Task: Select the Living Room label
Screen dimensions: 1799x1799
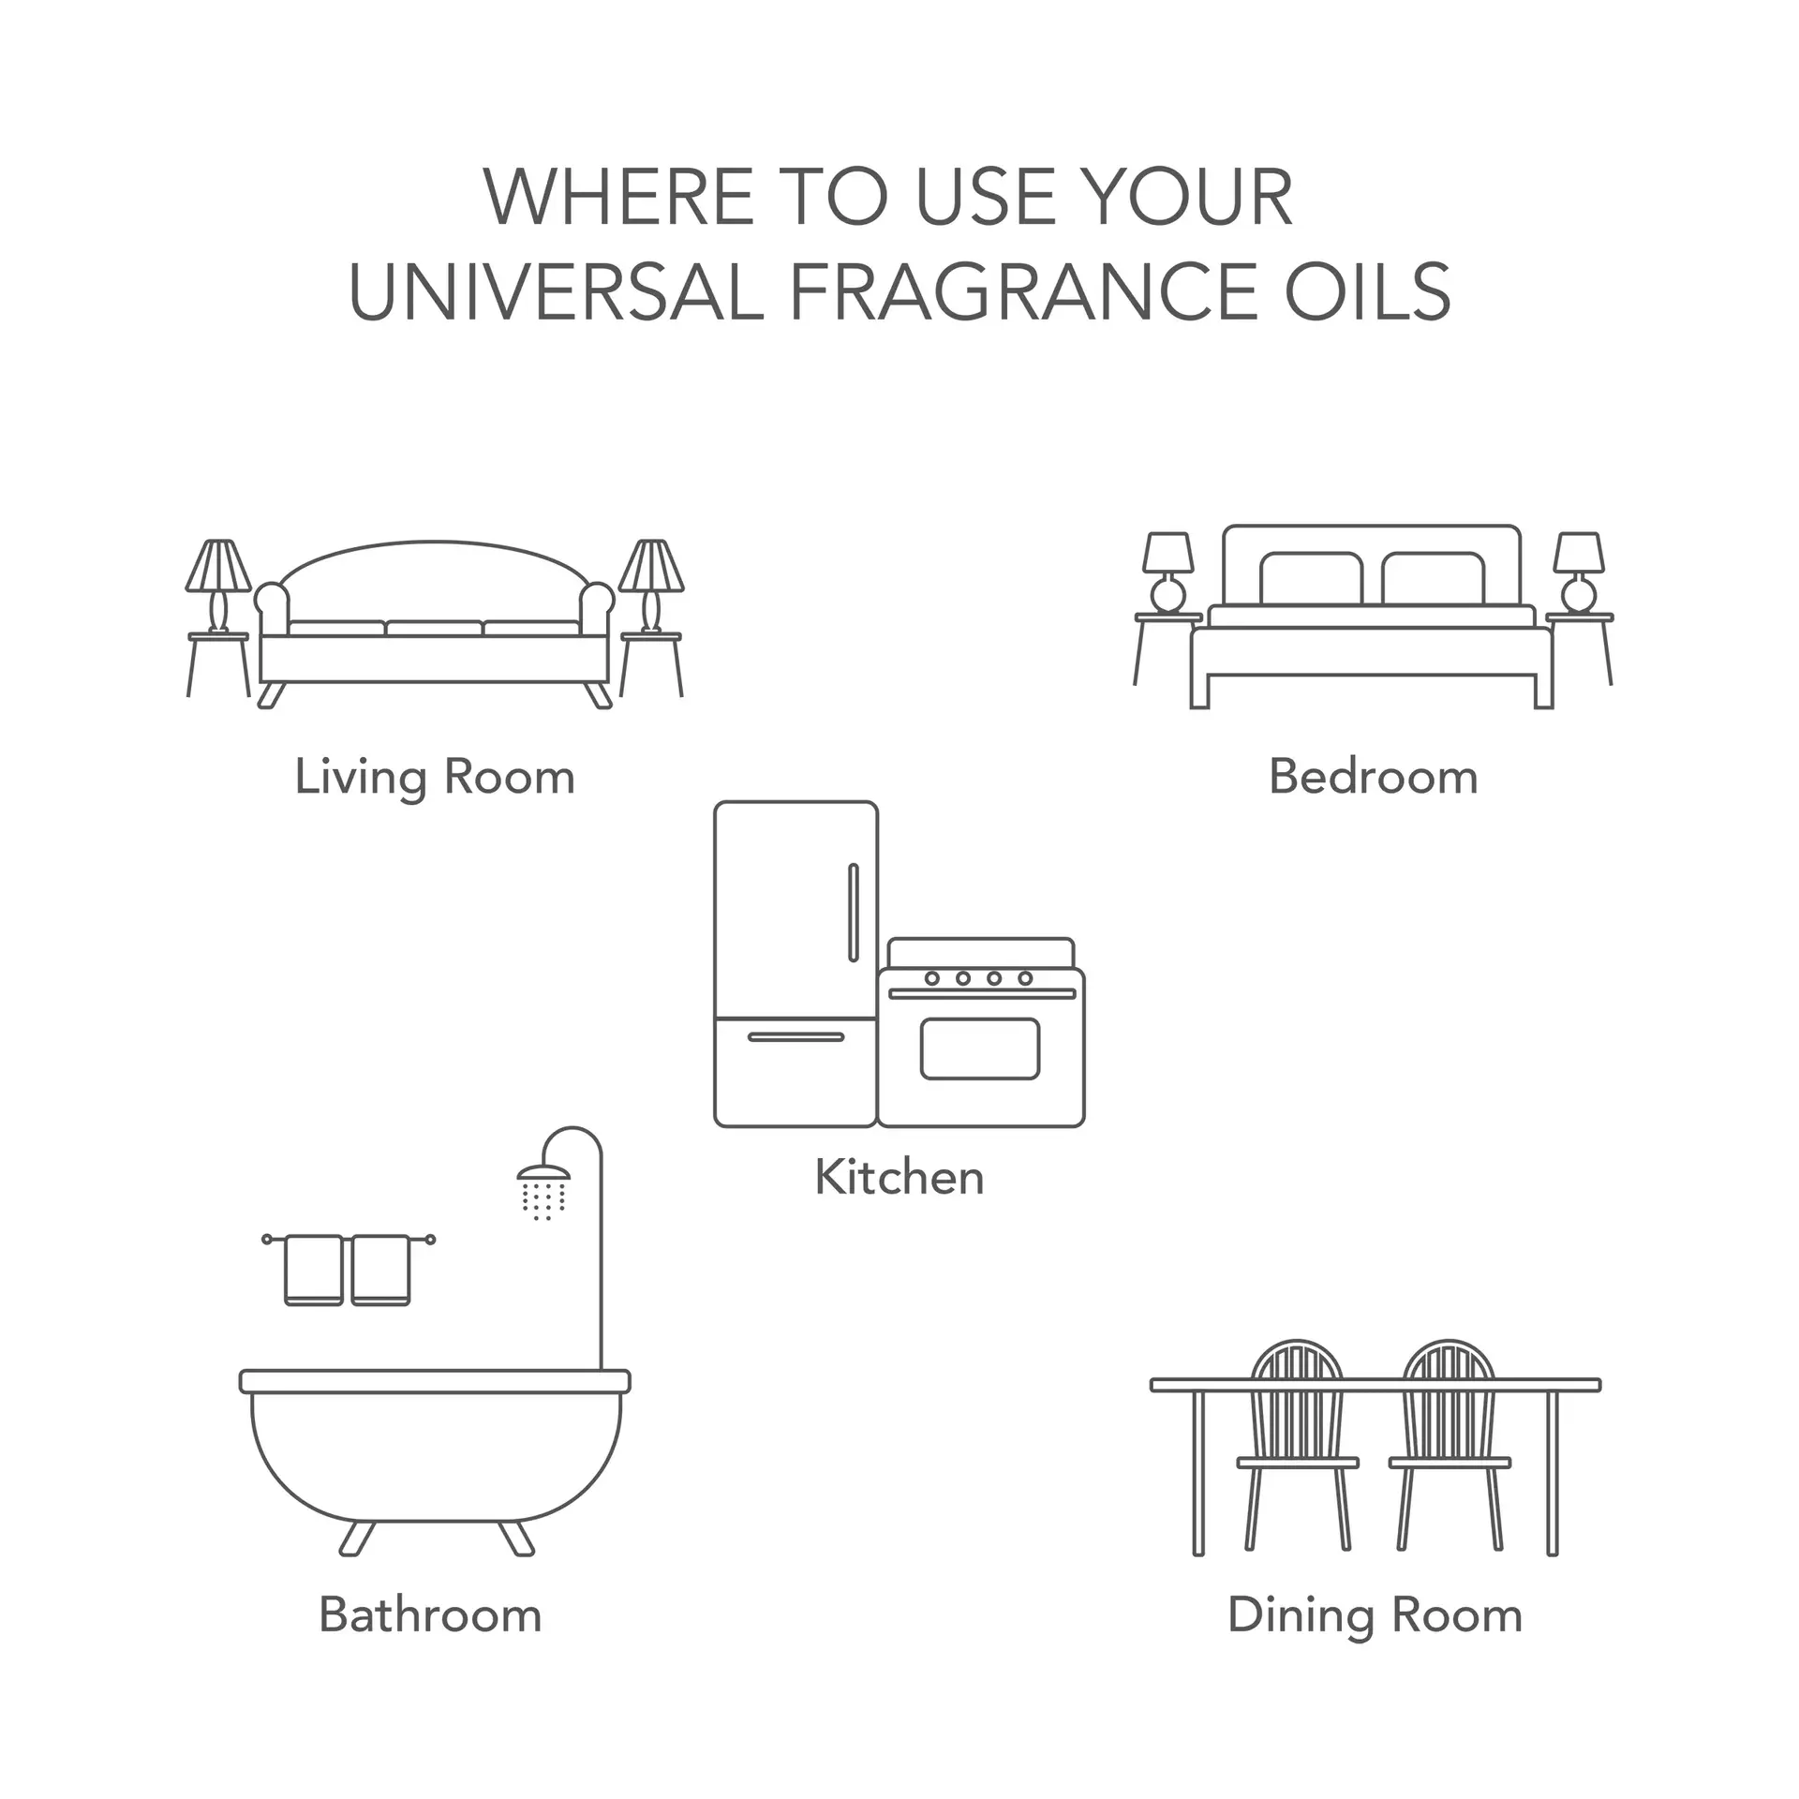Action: pyautogui.click(x=435, y=778)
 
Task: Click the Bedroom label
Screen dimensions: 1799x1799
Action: pyautogui.click(x=1373, y=778)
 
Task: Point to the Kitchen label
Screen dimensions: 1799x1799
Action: pyautogui.click(x=899, y=1178)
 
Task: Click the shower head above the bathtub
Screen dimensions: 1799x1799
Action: pyautogui.click(x=543, y=1173)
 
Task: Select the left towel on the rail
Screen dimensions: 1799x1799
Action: pyautogui.click(x=313, y=1270)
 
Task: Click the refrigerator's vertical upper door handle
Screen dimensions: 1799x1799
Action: pyautogui.click(x=853, y=913)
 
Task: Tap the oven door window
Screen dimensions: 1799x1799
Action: pyautogui.click(x=980, y=1048)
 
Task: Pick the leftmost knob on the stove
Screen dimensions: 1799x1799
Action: pyautogui.click(x=931, y=978)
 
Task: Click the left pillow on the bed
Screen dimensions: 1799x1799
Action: pyautogui.click(x=1310, y=579)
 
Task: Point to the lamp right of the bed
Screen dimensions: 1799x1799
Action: pyautogui.click(x=1579, y=572)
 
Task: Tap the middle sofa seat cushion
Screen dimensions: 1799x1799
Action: pyautogui.click(x=434, y=628)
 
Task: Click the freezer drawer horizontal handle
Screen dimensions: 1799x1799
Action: pyautogui.click(x=795, y=1036)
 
